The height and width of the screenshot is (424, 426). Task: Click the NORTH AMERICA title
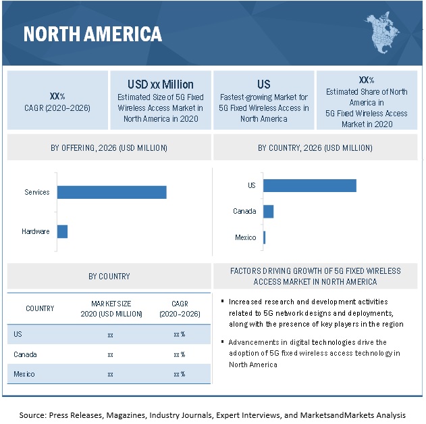93,34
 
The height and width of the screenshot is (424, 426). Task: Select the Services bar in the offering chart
111,192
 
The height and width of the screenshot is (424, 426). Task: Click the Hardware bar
62,231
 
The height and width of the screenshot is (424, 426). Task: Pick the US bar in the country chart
309,185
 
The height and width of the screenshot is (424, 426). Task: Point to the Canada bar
268,211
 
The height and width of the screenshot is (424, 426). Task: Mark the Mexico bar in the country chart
264,237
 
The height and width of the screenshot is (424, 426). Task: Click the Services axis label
37,192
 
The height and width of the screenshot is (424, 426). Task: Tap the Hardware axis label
35,231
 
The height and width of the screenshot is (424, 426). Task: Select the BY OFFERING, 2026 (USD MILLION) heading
109,147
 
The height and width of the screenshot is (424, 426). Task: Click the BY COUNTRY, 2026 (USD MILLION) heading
315,147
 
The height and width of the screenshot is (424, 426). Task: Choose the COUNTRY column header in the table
40,308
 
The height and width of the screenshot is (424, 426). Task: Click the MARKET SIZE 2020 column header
110,308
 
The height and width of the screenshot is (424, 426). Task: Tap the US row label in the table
18,334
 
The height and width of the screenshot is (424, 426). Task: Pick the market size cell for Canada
110,354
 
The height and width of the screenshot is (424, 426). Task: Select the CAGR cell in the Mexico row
179,374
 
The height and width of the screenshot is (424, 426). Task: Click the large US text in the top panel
263,85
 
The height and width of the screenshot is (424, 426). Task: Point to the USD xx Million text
160,85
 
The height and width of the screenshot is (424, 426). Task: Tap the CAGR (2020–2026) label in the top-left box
57,108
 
